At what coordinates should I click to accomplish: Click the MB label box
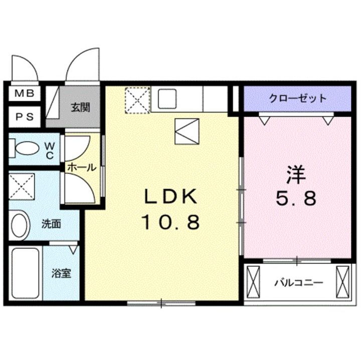[x=24, y=93]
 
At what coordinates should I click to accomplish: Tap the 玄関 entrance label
[x=80, y=107]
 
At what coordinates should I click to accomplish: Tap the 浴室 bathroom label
[x=62, y=273]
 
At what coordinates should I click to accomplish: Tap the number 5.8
[x=296, y=199]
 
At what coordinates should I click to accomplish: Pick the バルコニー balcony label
[x=298, y=282]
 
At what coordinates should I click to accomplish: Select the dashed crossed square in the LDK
[x=137, y=99]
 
